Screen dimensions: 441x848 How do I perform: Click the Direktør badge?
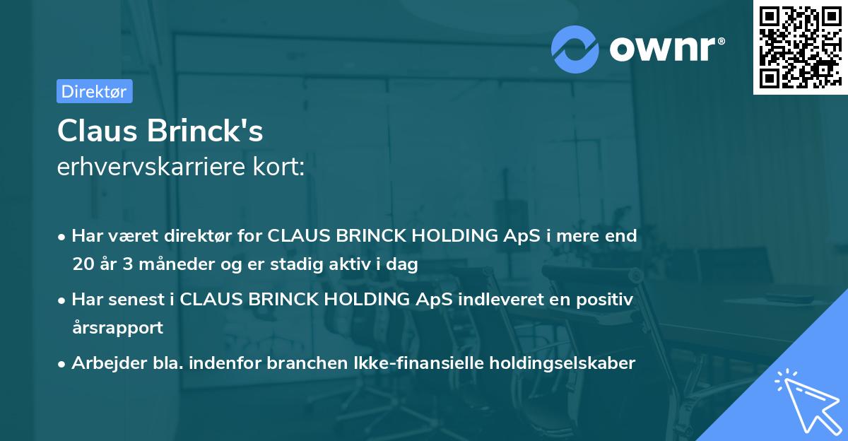94,91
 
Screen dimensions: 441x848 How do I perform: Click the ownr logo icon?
575,49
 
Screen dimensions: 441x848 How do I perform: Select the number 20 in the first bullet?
82,265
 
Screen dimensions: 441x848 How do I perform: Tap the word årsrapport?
117,328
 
